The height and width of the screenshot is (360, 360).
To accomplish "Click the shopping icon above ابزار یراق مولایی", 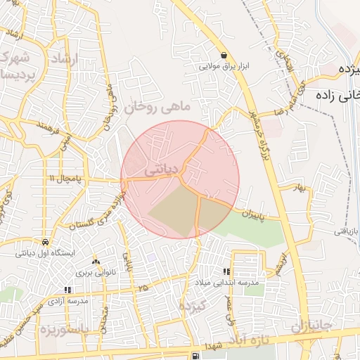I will [x=223, y=55].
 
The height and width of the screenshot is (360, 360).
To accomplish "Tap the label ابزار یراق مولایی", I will [x=224, y=67].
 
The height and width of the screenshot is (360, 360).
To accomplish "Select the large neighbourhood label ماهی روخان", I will [x=159, y=107].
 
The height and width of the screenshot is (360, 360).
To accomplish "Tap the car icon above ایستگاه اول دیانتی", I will [x=45, y=240].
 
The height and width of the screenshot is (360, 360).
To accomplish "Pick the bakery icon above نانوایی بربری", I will [x=95, y=262].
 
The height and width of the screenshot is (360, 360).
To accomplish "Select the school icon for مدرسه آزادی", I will [x=67, y=289].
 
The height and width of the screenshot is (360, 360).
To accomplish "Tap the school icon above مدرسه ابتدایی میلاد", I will [x=226, y=271].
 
